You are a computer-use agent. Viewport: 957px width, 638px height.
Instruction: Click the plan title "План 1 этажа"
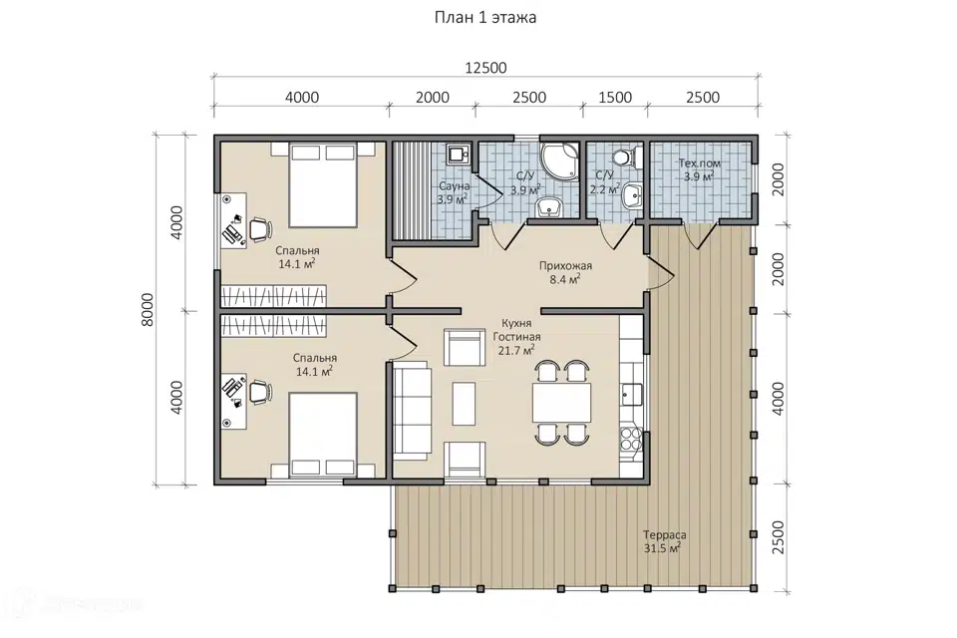tap(485, 17)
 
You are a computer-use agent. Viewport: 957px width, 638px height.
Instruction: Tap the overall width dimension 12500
tap(485, 68)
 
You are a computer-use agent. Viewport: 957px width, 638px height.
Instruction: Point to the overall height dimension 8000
tap(149, 310)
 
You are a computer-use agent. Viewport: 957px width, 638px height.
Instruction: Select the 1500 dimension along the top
tap(615, 97)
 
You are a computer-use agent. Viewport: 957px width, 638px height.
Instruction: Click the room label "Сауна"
tap(455, 186)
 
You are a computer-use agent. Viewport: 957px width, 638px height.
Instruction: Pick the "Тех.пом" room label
tap(700, 163)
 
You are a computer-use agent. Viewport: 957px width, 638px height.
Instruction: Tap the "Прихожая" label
tap(565, 265)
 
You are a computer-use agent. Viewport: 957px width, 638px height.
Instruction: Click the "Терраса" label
tap(665, 534)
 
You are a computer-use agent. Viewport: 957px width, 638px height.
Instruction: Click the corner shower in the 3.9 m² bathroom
tap(558, 161)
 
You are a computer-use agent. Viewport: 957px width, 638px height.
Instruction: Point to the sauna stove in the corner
tap(458, 156)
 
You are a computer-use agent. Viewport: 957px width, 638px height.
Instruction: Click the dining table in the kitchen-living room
tap(561, 403)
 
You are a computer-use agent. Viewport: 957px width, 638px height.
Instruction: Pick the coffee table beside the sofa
tap(464, 403)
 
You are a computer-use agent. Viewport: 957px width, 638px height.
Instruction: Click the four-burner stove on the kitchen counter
tap(631, 439)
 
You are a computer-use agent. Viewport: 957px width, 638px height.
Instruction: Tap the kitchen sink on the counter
tap(632, 395)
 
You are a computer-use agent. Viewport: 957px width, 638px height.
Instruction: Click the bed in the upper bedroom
tap(323, 185)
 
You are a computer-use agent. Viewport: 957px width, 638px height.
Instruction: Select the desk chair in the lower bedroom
tap(259, 392)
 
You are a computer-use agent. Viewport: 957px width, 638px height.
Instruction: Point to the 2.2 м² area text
tap(604, 188)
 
